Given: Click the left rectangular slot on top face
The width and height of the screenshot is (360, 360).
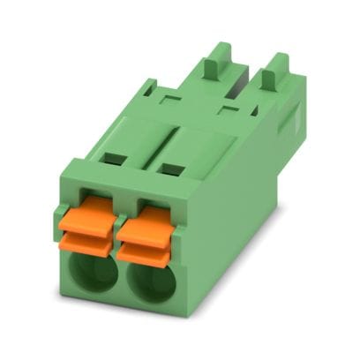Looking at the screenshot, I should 112,160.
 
